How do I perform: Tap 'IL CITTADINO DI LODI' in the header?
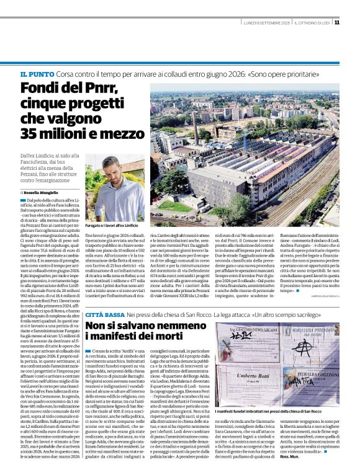pyautogui.click(x=312, y=23)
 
